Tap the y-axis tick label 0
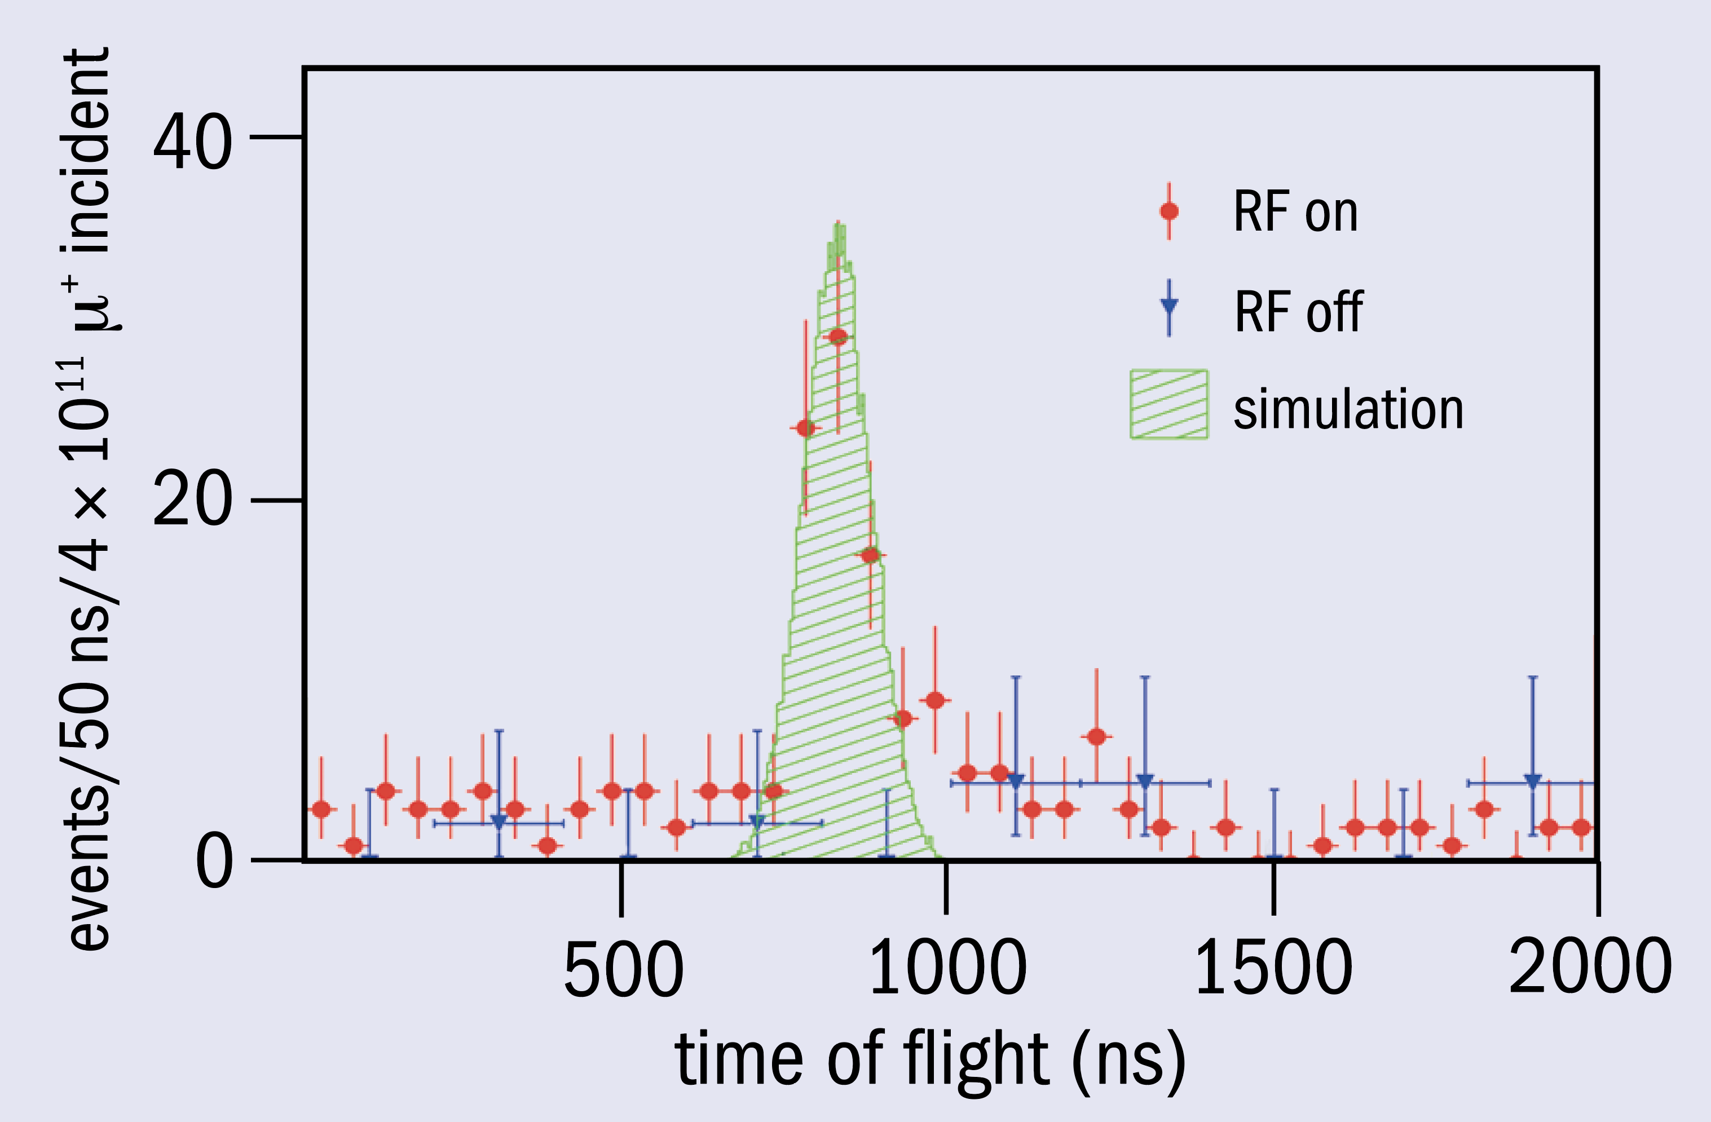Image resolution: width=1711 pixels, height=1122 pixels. tap(214, 863)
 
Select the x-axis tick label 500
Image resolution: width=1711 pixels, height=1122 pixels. tap(623, 970)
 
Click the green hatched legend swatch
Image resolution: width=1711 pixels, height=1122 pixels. tap(1169, 404)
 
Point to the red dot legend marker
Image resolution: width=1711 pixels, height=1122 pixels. tap(1169, 211)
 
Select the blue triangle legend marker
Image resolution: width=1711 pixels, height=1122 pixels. tap(1169, 306)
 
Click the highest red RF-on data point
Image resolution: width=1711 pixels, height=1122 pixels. tap(838, 337)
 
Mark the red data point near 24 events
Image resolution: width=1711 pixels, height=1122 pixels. tap(806, 429)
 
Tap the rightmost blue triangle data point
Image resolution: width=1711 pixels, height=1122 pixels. tap(1533, 781)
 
